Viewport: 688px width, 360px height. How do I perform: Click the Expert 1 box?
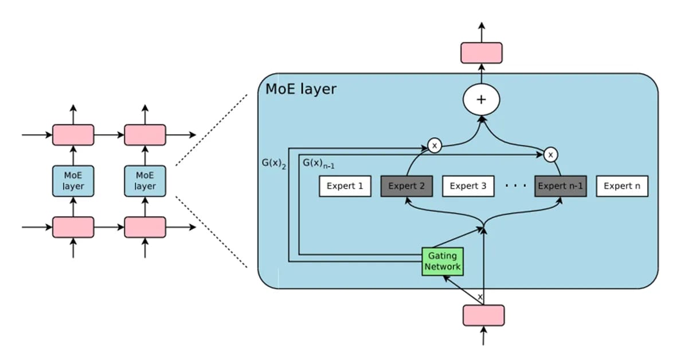(x=345, y=186)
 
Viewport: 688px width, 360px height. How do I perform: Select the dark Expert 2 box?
(x=406, y=186)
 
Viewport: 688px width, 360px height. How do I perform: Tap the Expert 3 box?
(x=467, y=186)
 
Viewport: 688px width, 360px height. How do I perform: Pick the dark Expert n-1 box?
(x=560, y=186)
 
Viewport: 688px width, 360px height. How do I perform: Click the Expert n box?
(x=622, y=186)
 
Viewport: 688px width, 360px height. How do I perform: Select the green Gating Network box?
(x=443, y=261)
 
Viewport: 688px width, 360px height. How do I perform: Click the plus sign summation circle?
(x=482, y=99)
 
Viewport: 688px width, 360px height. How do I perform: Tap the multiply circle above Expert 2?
(x=434, y=146)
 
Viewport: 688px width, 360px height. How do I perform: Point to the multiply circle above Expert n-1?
(x=550, y=154)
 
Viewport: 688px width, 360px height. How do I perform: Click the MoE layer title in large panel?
(x=300, y=89)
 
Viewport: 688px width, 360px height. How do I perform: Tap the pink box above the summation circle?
(x=482, y=53)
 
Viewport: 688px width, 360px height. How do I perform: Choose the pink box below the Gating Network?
(x=483, y=315)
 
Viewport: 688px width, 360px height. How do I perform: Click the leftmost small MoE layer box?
(x=73, y=181)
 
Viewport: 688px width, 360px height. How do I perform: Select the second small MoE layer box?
(x=145, y=181)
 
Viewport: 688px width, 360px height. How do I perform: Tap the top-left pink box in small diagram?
(x=73, y=135)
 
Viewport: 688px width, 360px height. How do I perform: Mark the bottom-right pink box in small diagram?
(x=145, y=227)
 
